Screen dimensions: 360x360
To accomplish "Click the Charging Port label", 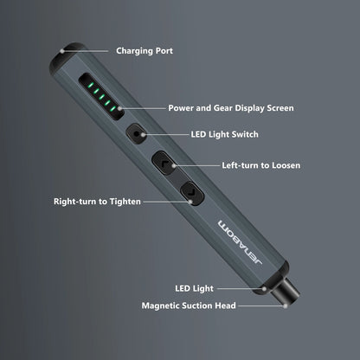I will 144,51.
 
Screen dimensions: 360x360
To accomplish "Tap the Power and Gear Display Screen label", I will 230,109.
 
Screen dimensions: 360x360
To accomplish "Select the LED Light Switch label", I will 223,134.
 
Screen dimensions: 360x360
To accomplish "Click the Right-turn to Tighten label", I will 95,201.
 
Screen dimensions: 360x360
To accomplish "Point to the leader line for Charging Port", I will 99,51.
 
